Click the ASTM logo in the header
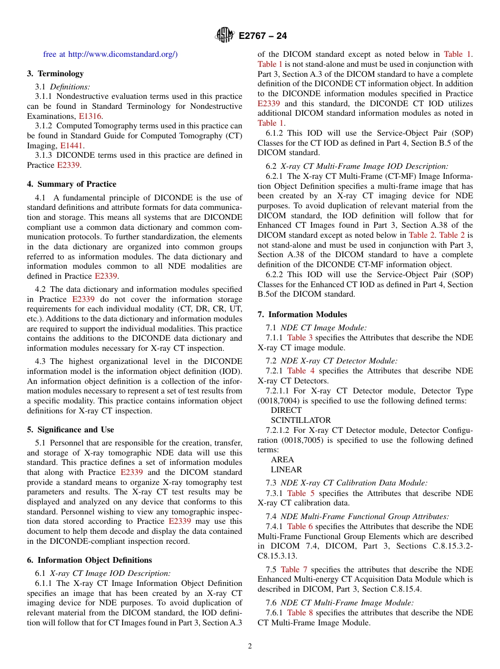225,36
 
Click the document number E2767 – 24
263,36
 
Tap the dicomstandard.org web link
123,54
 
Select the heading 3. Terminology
55,74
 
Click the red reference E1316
91,116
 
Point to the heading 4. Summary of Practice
72,184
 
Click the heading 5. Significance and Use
71,430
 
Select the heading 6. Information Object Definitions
89,560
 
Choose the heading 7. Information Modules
302,315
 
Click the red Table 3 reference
299,338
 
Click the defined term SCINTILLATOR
301,420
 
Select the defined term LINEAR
286,470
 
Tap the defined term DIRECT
286,410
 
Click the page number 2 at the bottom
250,646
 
